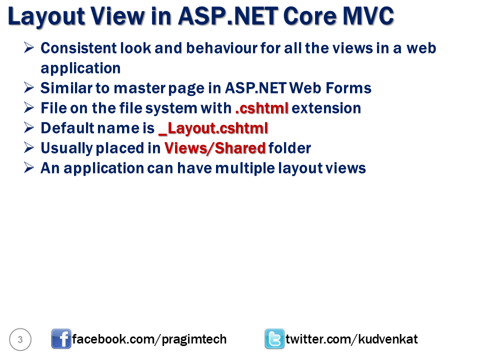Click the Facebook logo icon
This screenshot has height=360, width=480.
tap(61, 339)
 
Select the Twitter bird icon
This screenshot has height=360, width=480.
tap(274, 339)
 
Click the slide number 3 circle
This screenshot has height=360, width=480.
tap(20, 340)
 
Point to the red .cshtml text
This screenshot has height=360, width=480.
tap(261, 108)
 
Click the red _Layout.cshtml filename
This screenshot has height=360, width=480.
tap(213, 128)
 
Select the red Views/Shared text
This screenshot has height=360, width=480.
tap(215, 148)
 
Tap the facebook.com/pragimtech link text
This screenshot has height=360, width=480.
tap(149, 339)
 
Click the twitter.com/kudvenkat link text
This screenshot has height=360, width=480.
tap(351, 339)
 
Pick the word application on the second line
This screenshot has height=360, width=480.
tap(80, 68)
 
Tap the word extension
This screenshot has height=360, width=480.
tap(326, 108)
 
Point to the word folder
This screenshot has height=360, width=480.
tap(290, 148)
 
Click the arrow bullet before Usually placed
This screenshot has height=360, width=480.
tap(28, 148)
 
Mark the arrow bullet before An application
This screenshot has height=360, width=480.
tap(28, 168)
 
